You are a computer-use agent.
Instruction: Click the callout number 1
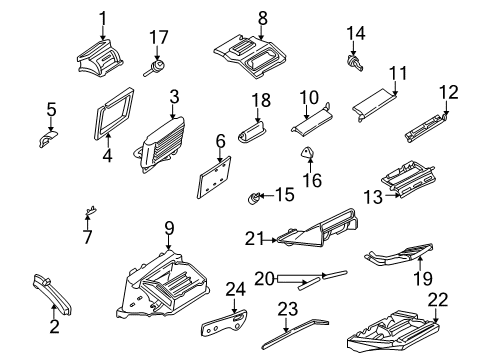click(x=101, y=17)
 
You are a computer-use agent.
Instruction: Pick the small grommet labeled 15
click(x=256, y=196)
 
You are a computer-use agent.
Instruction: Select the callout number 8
click(x=262, y=17)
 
